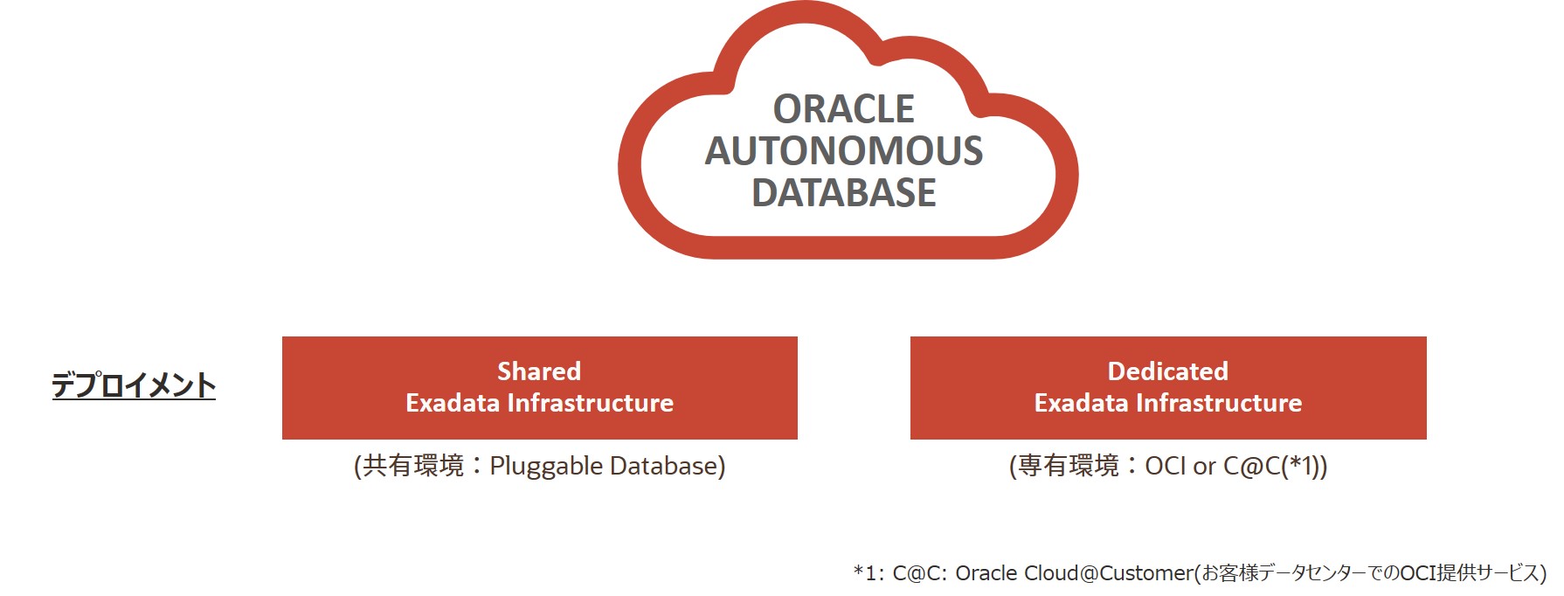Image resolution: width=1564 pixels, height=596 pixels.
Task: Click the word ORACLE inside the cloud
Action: (843, 109)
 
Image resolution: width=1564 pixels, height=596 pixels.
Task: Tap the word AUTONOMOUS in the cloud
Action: (843, 150)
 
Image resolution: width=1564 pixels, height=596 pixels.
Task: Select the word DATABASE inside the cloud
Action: (843, 192)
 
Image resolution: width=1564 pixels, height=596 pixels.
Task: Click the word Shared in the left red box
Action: (539, 371)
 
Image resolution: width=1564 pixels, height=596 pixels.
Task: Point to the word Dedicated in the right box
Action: (1167, 371)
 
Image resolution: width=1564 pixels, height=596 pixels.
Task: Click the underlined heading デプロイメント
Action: (133, 385)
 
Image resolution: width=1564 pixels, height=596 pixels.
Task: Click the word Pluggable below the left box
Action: (546, 467)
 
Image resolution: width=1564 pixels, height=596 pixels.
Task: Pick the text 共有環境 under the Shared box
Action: (413, 466)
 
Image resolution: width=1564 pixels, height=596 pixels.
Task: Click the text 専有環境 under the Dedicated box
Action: (1068, 466)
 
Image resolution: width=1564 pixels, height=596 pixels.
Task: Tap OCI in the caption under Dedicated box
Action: (1166, 466)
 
